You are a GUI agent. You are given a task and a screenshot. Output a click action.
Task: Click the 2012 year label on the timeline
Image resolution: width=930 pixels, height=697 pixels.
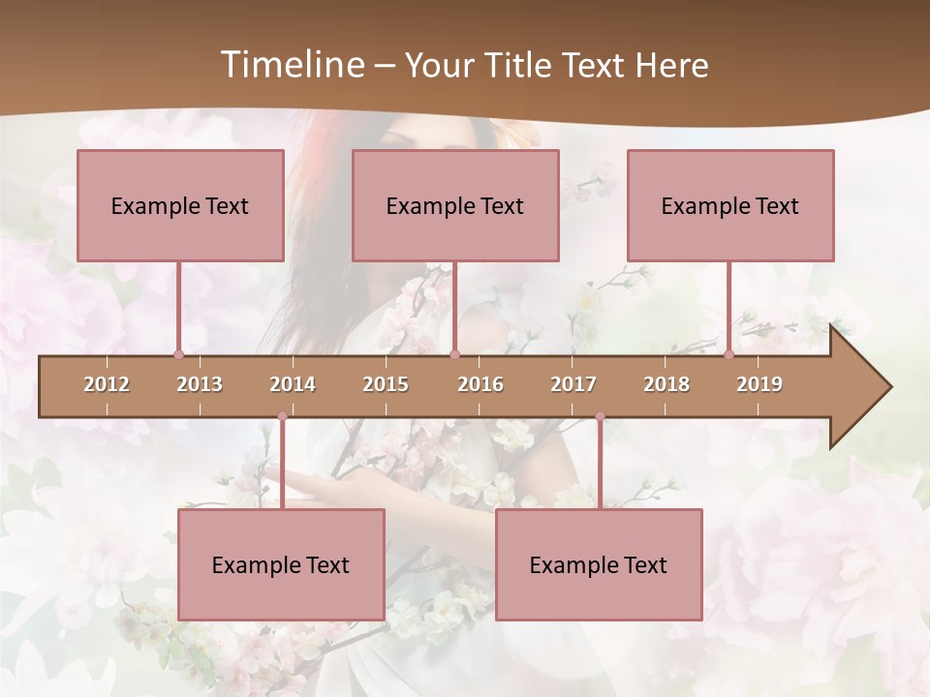pyautogui.click(x=107, y=384)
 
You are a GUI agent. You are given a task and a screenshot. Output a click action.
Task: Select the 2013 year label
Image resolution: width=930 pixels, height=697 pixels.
pyautogui.click(x=200, y=384)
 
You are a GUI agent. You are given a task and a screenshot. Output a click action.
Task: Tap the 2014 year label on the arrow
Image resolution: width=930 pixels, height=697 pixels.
pyautogui.click(x=293, y=384)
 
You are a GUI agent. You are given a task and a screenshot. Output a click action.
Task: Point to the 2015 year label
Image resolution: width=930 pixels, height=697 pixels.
pyautogui.click(x=386, y=384)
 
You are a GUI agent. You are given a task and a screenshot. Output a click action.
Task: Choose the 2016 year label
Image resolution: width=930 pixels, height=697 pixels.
pyautogui.click(x=480, y=384)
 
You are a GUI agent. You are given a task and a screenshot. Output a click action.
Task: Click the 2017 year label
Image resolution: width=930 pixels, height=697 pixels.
pyautogui.click(x=573, y=384)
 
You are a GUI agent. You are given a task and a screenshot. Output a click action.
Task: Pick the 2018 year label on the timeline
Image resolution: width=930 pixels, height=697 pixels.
pyautogui.click(x=666, y=384)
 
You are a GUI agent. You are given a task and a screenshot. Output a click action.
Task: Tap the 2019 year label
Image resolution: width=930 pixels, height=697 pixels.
pyautogui.click(x=759, y=384)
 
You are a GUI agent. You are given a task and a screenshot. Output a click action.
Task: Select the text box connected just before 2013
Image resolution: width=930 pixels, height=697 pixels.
pyautogui.click(x=180, y=205)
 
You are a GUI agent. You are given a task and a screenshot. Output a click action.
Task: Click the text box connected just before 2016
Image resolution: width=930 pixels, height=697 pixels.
pyautogui.click(x=455, y=205)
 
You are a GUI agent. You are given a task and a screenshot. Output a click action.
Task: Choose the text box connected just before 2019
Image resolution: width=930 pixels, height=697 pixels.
pyautogui.click(x=730, y=205)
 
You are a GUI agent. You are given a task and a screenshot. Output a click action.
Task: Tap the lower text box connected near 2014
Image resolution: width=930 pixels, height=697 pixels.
pyautogui.click(x=281, y=564)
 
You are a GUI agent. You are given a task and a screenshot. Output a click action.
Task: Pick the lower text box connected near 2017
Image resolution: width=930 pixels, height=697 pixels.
pyautogui.click(x=599, y=564)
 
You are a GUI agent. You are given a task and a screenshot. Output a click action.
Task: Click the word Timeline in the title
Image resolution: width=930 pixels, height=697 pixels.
pyautogui.click(x=292, y=65)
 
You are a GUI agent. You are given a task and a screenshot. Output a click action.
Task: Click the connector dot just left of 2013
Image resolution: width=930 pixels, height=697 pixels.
pyautogui.click(x=178, y=355)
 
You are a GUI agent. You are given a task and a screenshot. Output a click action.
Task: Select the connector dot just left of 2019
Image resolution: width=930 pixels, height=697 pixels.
pyautogui.click(x=728, y=355)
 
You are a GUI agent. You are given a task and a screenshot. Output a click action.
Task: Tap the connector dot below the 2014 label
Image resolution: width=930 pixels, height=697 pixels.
pyautogui.click(x=282, y=417)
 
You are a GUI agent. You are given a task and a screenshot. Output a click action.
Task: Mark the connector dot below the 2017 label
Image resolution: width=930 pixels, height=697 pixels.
pyautogui.click(x=600, y=417)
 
